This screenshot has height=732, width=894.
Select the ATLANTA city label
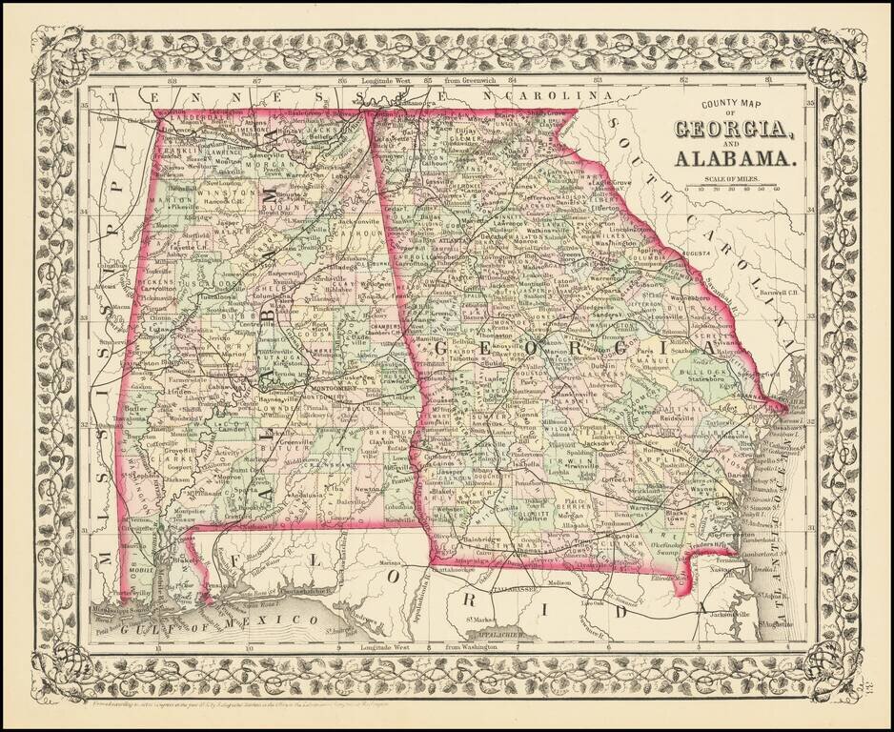tap(446, 240)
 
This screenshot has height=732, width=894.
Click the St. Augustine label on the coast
tap(774, 622)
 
